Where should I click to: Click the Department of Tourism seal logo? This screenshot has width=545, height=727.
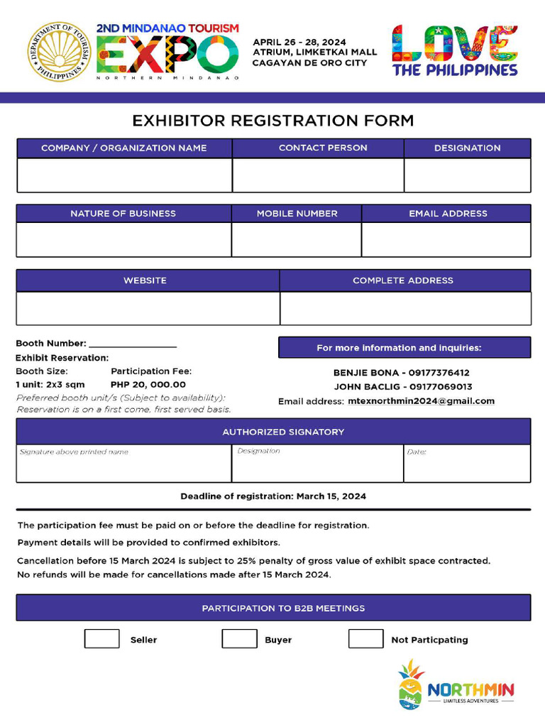(x=60, y=51)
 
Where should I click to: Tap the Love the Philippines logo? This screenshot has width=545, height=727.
(x=455, y=51)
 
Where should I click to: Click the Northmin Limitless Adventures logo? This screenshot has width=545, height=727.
(x=456, y=686)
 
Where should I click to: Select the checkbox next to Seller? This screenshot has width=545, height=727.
(x=102, y=639)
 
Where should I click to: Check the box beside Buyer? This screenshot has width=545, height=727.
(x=239, y=639)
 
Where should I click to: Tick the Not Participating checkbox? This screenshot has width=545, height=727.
(x=365, y=639)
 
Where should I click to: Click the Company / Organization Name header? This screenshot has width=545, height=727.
(x=124, y=148)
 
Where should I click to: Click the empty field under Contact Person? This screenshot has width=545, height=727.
(x=318, y=175)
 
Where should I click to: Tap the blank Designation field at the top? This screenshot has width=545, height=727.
(x=467, y=175)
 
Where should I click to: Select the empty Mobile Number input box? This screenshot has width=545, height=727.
(x=297, y=240)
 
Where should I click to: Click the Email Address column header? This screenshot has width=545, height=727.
(x=448, y=214)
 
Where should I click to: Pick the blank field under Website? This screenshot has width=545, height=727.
(x=148, y=308)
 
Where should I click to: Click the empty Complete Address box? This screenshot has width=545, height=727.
(x=405, y=308)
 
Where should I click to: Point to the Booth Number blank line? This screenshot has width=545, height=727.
(x=133, y=344)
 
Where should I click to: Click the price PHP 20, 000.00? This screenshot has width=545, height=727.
(x=148, y=385)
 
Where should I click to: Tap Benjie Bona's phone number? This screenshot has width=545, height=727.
(x=439, y=373)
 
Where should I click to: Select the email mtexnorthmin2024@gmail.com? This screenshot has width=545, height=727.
(x=421, y=401)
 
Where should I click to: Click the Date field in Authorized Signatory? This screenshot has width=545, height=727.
(x=467, y=464)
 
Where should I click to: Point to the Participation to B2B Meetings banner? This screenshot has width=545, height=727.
(x=273, y=608)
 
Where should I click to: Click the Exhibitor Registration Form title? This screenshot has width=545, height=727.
(x=273, y=121)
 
